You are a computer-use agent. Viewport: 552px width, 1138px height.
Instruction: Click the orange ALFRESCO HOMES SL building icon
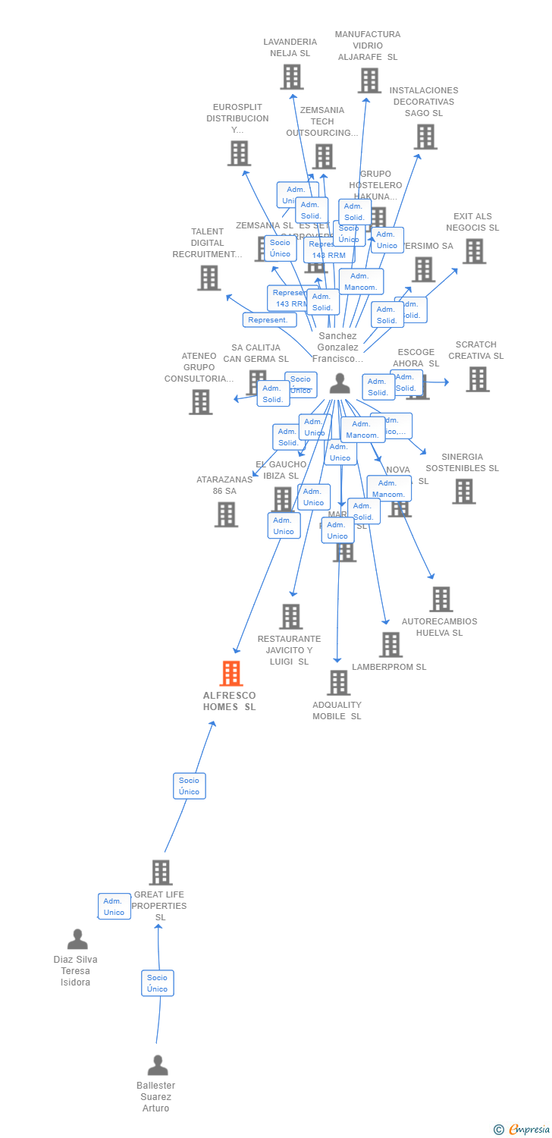(231, 673)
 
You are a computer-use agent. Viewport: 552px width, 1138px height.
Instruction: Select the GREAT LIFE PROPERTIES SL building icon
(161, 872)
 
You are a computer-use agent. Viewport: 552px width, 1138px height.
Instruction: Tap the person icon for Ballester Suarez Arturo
(158, 1065)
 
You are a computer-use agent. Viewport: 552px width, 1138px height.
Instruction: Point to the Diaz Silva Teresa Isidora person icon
(77, 939)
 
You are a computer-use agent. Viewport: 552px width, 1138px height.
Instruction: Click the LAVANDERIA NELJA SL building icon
(292, 77)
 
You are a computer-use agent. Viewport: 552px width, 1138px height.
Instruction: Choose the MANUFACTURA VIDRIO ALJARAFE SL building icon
(369, 80)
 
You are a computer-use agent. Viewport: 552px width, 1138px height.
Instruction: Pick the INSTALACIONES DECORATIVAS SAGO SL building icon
(425, 137)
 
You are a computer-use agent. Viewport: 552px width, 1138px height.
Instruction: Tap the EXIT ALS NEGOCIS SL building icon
(474, 251)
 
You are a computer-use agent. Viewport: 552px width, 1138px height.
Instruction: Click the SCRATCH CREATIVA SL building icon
(478, 379)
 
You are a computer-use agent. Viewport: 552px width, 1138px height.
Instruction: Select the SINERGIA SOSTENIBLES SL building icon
(463, 492)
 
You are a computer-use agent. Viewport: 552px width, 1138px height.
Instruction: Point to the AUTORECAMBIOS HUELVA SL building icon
(441, 599)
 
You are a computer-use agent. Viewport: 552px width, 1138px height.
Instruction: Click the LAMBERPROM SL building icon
(390, 645)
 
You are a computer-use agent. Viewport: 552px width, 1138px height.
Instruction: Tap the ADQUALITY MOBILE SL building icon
(338, 683)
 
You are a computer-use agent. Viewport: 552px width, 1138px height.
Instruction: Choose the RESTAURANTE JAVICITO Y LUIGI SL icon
(291, 617)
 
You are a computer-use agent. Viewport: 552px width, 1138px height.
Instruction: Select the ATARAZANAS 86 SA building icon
(226, 514)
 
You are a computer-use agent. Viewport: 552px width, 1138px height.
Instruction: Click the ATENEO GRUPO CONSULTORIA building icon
(201, 402)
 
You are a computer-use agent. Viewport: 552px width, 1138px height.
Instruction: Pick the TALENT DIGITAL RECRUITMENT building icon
(209, 278)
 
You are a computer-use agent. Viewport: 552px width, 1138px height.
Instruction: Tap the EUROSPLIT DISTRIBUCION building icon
(239, 153)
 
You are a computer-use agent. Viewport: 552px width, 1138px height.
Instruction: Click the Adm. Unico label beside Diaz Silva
(114, 907)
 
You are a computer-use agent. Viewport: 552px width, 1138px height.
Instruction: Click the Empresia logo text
(528, 1130)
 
